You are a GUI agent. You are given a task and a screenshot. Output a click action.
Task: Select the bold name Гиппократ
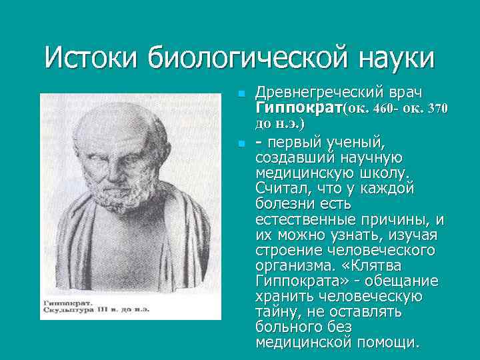pyautogui.click(x=298, y=108)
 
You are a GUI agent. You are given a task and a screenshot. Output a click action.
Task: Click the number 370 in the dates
pyautogui.click(x=435, y=108)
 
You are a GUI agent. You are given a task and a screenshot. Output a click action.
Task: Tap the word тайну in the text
pyautogui.click(x=276, y=311)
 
